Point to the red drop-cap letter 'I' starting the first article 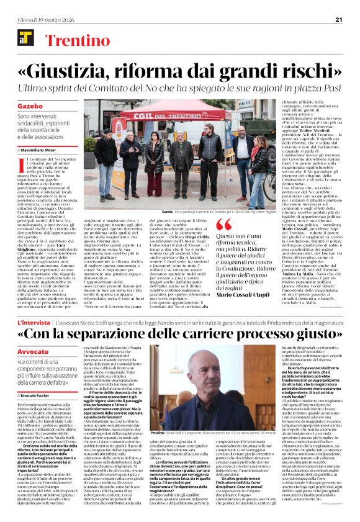(20, 163)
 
